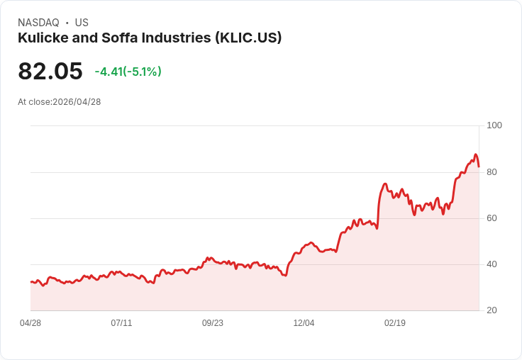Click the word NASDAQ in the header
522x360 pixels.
pos(38,23)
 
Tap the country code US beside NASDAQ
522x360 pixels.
pos(82,23)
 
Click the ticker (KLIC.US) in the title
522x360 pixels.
pos(248,38)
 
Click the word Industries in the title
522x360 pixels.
pos(176,38)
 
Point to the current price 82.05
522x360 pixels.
pos(50,71)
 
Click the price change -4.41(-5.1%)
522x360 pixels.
pos(128,72)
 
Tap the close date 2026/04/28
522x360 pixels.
pos(77,102)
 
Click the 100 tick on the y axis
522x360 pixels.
pos(494,125)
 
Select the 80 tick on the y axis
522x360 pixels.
pos(492,172)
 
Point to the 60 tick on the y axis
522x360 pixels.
pos(492,218)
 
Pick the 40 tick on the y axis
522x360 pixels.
pos(492,264)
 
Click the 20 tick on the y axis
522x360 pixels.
pos(492,310)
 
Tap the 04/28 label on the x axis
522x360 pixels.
pos(30,323)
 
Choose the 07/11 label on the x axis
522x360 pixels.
pos(121,323)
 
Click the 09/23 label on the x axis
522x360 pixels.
pos(213,323)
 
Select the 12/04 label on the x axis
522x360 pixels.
pos(304,323)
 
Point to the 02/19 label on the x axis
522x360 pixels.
pos(395,323)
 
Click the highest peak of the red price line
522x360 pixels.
pos(476,154)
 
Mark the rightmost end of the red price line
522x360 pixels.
pos(479,167)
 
